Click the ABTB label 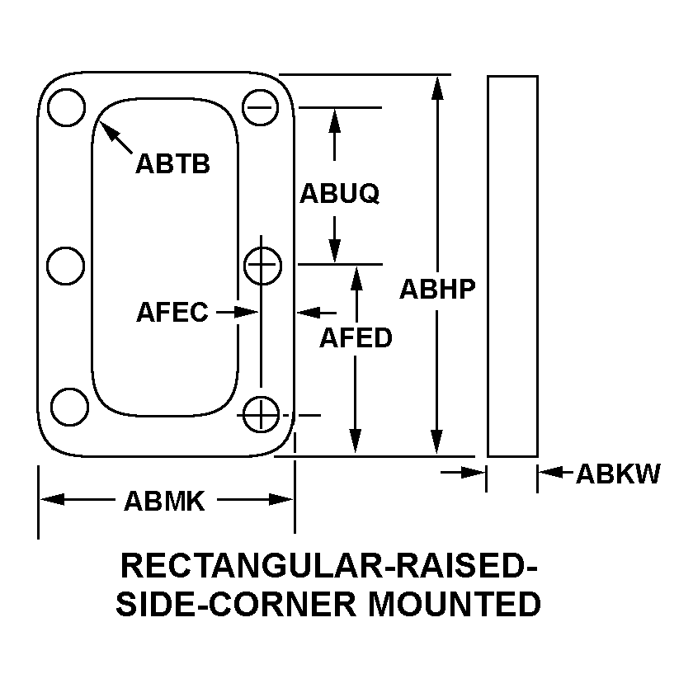[172, 163]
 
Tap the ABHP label [438, 289]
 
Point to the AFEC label [172, 313]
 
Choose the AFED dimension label [356, 337]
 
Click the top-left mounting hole [67, 108]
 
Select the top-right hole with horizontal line [262, 108]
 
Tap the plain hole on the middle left [65, 266]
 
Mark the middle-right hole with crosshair [263, 266]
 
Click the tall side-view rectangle [512, 266]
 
